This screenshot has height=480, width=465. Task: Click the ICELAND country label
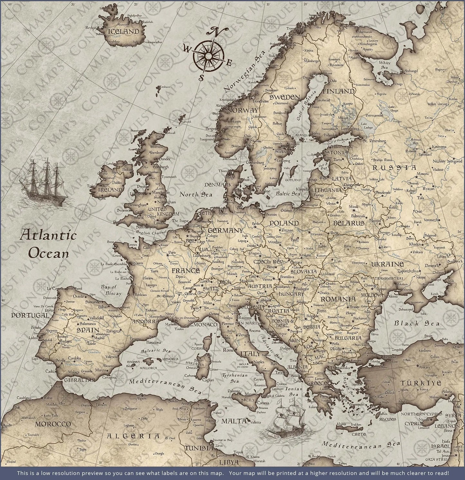124,32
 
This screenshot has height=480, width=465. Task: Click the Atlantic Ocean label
48,244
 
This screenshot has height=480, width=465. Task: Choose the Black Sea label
417,323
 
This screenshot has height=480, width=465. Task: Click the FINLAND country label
338,91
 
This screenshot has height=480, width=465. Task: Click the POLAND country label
284,223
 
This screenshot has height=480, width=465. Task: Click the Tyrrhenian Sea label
235,378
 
